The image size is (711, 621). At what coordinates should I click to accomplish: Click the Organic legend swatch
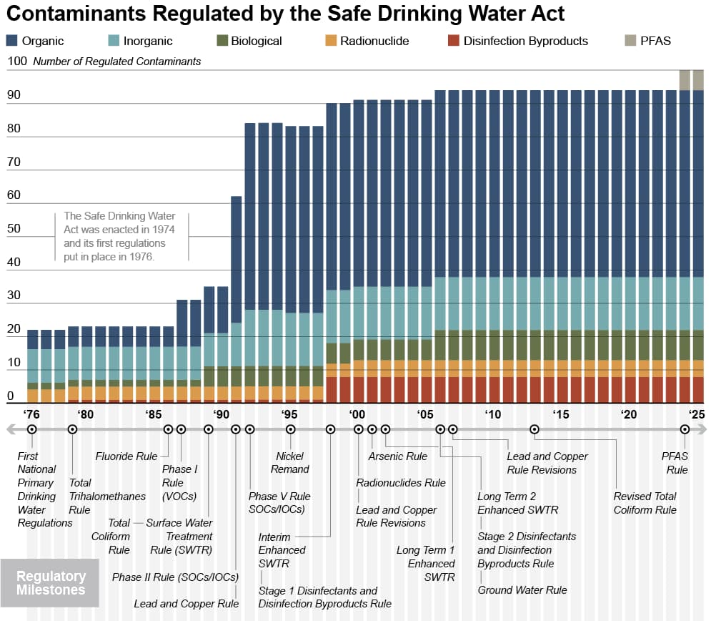click(x=12, y=41)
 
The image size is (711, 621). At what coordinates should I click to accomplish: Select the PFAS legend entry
click(x=655, y=41)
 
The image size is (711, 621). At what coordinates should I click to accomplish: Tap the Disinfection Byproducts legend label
click(x=525, y=41)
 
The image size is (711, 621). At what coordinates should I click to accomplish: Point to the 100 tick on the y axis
click(x=16, y=62)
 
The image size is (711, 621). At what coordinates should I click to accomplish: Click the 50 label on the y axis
click(x=14, y=229)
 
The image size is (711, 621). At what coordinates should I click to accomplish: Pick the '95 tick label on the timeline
click(x=289, y=414)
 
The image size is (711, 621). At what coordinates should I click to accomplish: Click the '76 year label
click(x=31, y=414)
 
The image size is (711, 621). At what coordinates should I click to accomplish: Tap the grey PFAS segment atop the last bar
click(x=698, y=79)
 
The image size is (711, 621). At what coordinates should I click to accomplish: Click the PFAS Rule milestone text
click(x=675, y=463)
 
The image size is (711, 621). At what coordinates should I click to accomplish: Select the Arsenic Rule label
click(x=397, y=456)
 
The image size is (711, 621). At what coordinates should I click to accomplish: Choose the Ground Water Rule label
click(x=522, y=590)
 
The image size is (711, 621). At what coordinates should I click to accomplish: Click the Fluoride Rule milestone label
click(x=126, y=456)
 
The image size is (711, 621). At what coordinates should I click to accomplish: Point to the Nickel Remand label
click(x=290, y=463)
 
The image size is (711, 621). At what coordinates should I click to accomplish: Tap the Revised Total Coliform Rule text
click(x=645, y=503)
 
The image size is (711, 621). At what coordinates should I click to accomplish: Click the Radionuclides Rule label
click(x=401, y=483)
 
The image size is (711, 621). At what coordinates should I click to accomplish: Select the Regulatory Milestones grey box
click(x=51, y=583)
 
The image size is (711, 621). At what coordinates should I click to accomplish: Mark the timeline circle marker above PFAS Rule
click(x=685, y=429)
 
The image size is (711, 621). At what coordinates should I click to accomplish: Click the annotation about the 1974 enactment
click(x=119, y=236)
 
